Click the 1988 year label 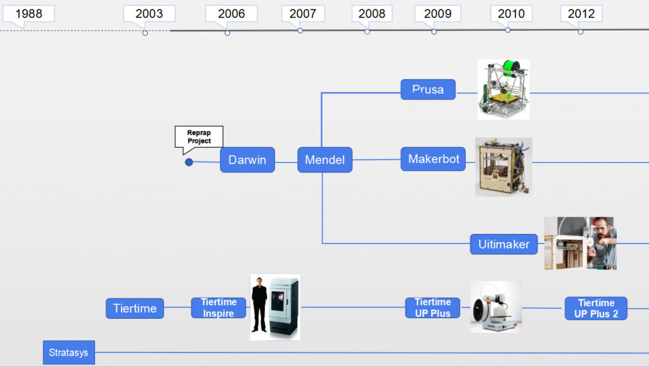point(28,14)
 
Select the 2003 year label point(149,14)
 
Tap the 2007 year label point(303,14)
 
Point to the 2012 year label point(581,14)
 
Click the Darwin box point(247,160)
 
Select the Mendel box point(324,160)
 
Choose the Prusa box point(428,89)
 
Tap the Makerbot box point(434,159)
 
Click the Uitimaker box point(504,244)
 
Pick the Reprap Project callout point(199,137)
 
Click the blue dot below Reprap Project point(189,162)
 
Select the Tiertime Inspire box point(218,308)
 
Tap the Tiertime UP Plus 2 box point(596,309)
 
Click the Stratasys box point(68,352)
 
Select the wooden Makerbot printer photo point(503,167)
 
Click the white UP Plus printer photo point(496,307)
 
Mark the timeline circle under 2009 point(434,32)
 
